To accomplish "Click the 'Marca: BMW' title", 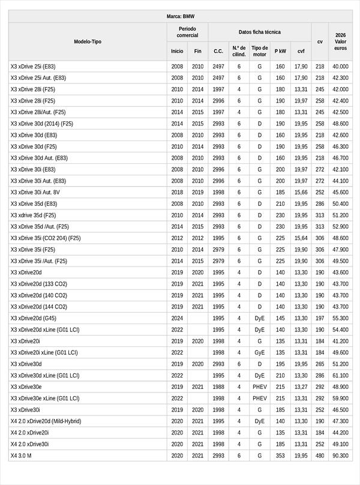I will pyautogui.click(x=180, y=16).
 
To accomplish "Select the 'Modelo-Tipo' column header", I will pyautogui.click(x=88, y=41).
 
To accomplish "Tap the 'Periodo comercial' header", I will pyautogui.click(x=187, y=32).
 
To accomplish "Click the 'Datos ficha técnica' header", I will pyautogui.click(x=259, y=32).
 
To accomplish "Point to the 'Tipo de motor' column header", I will pyautogui.click(x=260, y=51).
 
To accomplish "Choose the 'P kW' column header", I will pyautogui.click(x=280, y=51).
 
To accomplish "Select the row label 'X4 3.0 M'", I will pyautogui.click(x=21, y=456).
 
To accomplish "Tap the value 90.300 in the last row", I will pyautogui.click(x=340, y=456).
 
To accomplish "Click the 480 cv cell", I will pyautogui.click(x=320, y=456).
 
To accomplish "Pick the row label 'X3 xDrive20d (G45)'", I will pyautogui.click(x=34, y=318).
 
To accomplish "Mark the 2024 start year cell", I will pyautogui.click(x=177, y=318).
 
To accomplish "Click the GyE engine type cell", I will pyautogui.click(x=260, y=352).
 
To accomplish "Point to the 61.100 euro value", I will pyautogui.click(x=340, y=375).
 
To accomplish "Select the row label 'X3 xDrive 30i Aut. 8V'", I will pyautogui.click(x=35, y=192).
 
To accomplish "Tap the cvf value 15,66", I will pyautogui.click(x=301, y=192).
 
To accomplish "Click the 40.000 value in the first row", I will pyautogui.click(x=340, y=66).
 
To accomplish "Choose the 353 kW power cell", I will pyautogui.click(x=280, y=456).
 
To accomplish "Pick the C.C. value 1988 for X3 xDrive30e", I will pyautogui.click(x=218, y=387).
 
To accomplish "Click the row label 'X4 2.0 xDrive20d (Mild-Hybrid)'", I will pyautogui.click(x=46, y=421).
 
